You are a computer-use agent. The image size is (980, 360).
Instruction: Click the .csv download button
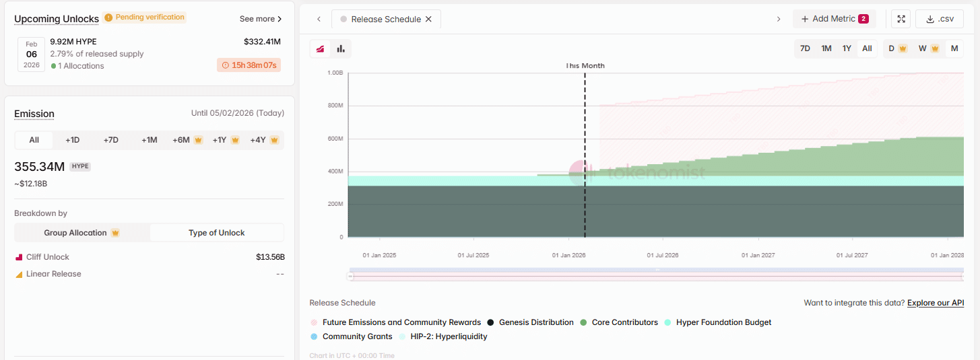940,19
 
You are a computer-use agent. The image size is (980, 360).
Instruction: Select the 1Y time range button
847,48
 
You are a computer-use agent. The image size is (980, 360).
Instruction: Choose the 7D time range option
805,48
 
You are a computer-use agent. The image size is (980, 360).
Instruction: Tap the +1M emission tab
149,140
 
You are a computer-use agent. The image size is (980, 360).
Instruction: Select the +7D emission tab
111,140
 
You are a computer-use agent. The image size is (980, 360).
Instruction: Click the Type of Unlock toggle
216,233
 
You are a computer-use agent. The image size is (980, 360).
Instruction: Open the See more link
261,19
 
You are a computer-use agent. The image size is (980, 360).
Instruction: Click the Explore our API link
936,303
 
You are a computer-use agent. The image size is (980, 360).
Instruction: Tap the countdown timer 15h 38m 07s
249,65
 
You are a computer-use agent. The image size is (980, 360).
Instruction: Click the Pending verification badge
145,17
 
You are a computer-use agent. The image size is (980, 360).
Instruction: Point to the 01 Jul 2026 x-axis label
662,256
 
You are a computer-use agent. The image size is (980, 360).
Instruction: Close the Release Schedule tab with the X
428,20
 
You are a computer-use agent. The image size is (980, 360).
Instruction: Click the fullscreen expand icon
901,19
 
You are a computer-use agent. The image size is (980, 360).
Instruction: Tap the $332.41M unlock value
262,42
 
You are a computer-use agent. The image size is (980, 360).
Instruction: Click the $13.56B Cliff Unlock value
270,257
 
